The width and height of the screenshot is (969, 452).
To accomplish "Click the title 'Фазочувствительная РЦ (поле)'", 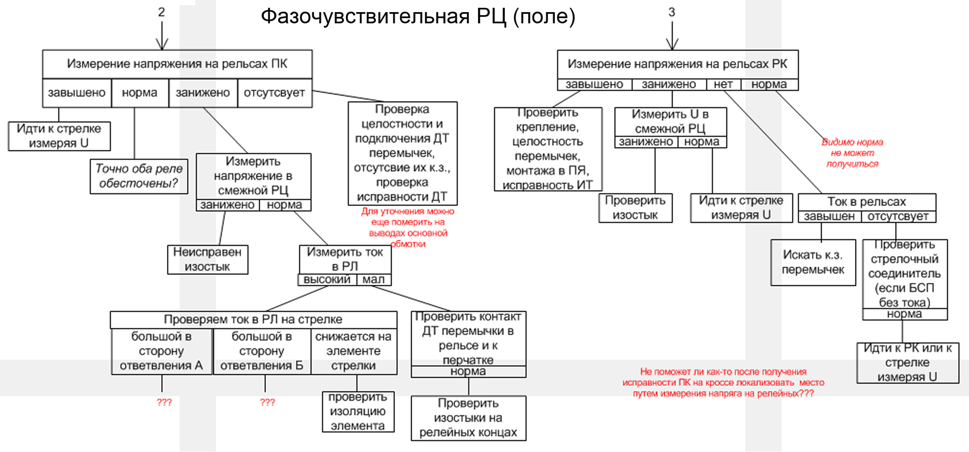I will click(x=418, y=16).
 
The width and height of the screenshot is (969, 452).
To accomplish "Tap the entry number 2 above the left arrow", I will click(x=161, y=12).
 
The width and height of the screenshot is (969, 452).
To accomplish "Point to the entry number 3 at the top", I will click(x=671, y=12).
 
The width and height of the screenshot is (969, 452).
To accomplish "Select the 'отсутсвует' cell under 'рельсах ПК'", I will click(x=274, y=93).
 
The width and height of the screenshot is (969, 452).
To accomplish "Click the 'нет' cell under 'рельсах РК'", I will click(x=723, y=85).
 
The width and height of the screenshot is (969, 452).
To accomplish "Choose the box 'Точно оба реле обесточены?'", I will click(x=139, y=176).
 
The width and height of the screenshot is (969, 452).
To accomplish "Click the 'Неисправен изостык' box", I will click(x=207, y=259).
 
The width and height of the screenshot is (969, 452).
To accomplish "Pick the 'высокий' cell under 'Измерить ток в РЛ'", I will click(x=327, y=280).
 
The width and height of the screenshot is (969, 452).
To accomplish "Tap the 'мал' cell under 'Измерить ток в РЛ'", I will click(x=374, y=280).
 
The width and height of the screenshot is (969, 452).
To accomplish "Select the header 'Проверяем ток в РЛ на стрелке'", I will click(x=253, y=319).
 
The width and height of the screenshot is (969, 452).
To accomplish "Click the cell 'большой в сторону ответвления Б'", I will click(x=262, y=351).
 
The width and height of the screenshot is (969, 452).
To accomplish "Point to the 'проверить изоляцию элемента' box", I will click(x=358, y=411).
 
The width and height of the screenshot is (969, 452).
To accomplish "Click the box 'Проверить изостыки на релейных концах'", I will click(x=468, y=418).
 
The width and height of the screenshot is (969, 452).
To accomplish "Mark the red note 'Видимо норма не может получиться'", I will click(x=852, y=153).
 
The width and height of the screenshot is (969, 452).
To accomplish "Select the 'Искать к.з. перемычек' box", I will click(x=813, y=262).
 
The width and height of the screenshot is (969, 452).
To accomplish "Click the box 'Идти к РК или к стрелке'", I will click(x=907, y=363).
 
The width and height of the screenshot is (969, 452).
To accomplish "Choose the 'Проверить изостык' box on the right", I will click(x=635, y=208).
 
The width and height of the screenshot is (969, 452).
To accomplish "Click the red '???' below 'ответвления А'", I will click(x=164, y=402).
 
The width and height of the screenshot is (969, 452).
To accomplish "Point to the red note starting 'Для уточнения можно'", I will click(x=408, y=227).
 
